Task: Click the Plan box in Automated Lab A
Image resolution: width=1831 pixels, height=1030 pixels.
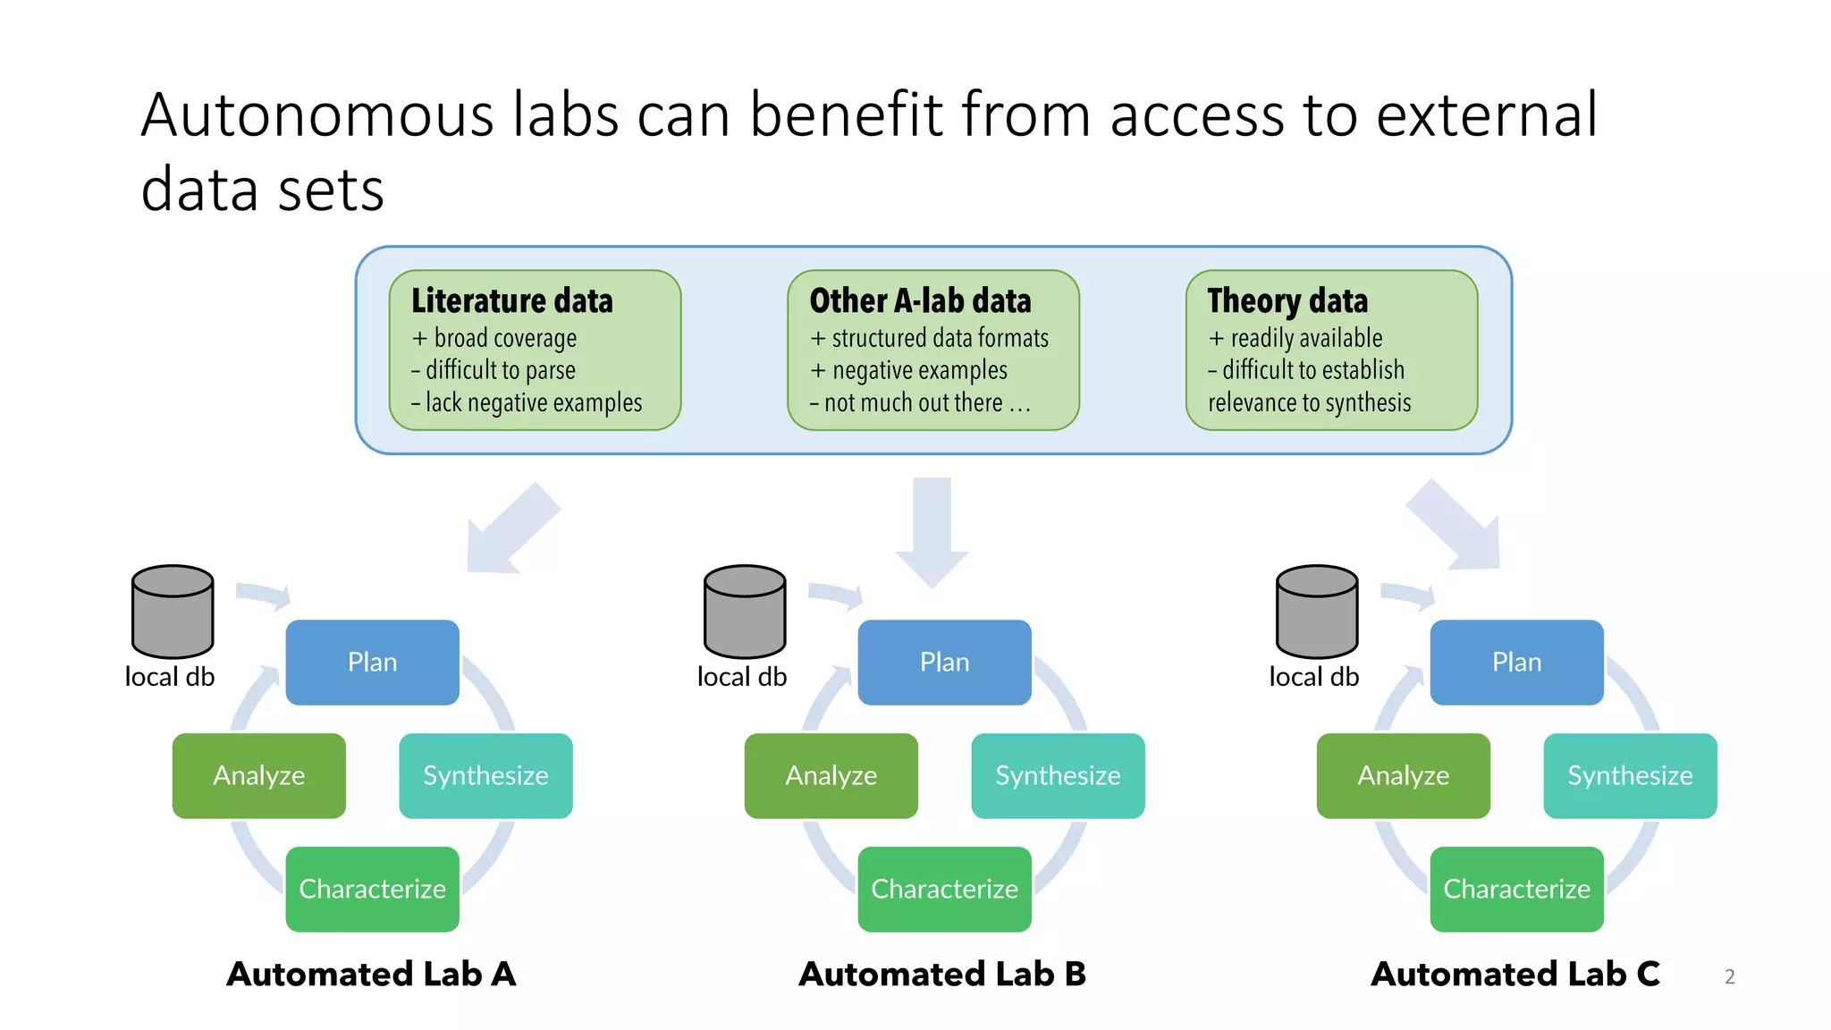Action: click(x=372, y=663)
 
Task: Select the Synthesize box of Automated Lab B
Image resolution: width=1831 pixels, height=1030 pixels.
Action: click(x=1058, y=776)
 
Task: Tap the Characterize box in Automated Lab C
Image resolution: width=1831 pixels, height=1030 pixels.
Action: click(x=1516, y=889)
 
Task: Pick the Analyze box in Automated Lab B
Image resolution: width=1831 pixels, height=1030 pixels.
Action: click(x=831, y=776)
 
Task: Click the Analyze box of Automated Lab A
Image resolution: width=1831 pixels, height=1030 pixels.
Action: click(x=258, y=776)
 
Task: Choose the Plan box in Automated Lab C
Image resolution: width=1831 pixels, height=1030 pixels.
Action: click(x=1516, y=663)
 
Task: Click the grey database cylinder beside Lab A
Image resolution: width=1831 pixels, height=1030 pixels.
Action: click(x=173, y=612)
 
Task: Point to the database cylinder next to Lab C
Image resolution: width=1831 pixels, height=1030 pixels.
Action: click(x=1317, y=612)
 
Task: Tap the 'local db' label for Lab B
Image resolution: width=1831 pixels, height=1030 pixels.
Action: click(x=742, y=677)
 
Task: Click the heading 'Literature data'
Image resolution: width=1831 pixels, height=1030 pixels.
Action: click(x=512, y=300)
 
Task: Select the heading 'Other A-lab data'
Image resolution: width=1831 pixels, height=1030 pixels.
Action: click(x=920, y=300)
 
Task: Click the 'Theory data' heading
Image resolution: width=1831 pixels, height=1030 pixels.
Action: click(x=1287, y=300)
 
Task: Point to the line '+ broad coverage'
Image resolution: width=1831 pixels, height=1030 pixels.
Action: click(x=494, y=338)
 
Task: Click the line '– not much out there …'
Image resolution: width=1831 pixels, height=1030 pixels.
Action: click(x=920, y=403)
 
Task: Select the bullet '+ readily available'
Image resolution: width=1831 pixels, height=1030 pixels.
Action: click(x=1295, y=338)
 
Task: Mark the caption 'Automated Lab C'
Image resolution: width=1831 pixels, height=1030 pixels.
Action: click(x=1515, y=974)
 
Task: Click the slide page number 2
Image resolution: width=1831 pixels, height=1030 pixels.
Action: click(x=1729, y=977)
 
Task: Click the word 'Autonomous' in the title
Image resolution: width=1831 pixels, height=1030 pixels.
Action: click(x=317, y=115)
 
